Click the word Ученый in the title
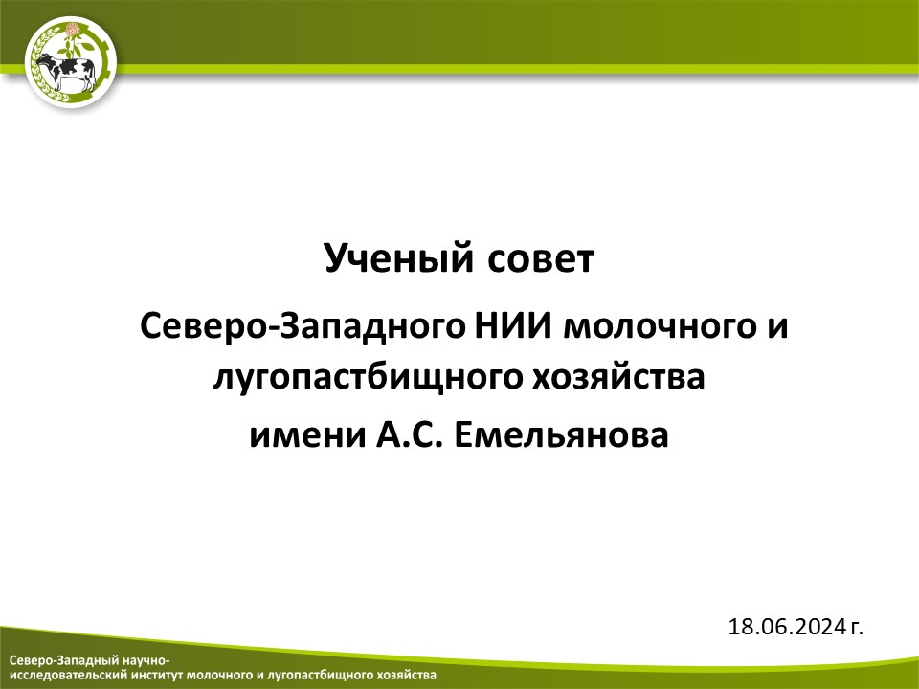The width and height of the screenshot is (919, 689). pos(398,258)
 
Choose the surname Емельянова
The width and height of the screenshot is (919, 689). pos(561,435)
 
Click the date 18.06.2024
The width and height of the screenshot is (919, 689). pos(787,627)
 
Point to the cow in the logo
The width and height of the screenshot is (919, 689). pos(66,72)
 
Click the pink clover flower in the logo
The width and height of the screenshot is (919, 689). pos(73,30)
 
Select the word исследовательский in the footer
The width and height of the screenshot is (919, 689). pos(68,675)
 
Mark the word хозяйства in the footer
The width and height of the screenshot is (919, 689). pos(408,675)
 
